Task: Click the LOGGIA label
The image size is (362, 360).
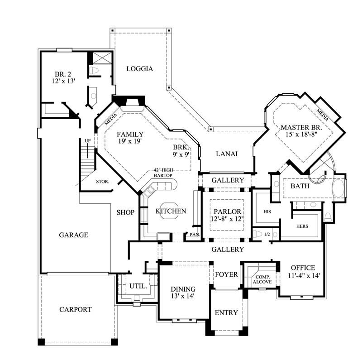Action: tap(139, 69)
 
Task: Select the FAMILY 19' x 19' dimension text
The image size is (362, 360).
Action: tap(130, 142)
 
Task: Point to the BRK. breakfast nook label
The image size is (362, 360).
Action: tap(181, 148)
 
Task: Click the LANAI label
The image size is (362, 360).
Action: tap(226, 154)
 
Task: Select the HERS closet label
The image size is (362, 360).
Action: tap(302, 226)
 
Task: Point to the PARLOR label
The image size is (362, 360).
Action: tap(227, 211)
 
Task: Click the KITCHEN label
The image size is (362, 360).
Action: tap(171, 211)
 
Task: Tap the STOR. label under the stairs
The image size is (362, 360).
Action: tap(102, 182)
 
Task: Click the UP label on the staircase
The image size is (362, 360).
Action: tap(88, 141)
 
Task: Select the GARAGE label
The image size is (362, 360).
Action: tap(73, 235)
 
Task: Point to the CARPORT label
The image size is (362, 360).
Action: tap(76, 310)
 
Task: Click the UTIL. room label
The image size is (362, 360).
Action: tap(138, 286)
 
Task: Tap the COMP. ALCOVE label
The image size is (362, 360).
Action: tap(262, 279)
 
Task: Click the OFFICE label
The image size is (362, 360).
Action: tap(303, 268)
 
